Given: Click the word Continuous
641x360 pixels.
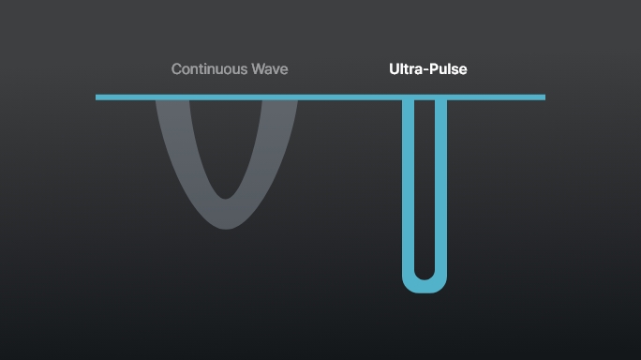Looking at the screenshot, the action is coord(209,69).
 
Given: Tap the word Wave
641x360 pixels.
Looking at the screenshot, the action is coord(269,69).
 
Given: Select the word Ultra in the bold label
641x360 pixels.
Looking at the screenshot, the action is coord(407,69).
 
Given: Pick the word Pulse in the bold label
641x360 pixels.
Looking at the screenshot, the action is coord(448,69).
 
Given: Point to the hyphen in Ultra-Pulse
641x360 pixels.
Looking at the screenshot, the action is coord(426,70).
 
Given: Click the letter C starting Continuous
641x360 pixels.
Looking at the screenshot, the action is coord(177,69).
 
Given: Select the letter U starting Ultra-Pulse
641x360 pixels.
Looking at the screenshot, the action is coord(395,69).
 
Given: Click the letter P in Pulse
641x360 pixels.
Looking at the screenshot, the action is coord(435,69).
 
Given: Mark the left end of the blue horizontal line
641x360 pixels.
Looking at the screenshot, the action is coord(97,97).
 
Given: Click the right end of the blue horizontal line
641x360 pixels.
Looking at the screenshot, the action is coord(543,97).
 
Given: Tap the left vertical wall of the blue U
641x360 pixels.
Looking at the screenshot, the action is coord(408,187).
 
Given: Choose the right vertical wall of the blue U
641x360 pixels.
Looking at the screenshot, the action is coord(440,187).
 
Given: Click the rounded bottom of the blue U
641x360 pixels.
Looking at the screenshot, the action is coord(425,286).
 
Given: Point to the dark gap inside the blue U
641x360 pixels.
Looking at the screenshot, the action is coord(425,187).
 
